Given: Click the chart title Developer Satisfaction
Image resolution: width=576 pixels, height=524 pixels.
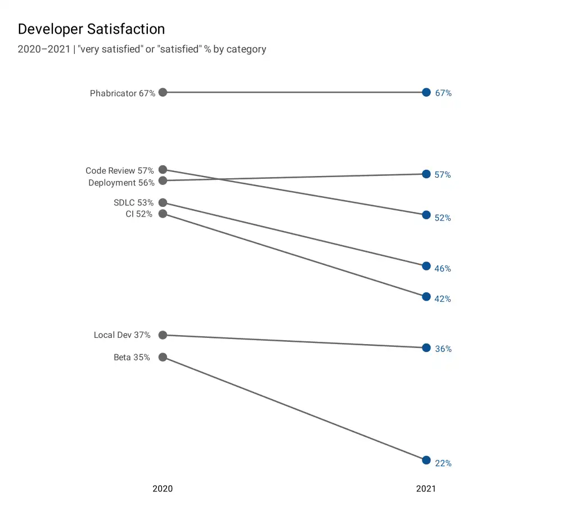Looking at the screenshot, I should pos(91,29).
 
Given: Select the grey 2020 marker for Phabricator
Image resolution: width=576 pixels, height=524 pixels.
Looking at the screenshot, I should pos(163,92).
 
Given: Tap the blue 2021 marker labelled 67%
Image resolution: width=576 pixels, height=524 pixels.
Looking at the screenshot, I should pos(426,92).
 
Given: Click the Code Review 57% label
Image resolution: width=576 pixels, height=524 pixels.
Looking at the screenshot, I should pos(119,170).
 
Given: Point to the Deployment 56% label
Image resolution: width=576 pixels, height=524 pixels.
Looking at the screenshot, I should pos(121,183).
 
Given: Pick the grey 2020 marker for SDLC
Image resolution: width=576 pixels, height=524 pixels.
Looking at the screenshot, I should pos(163,202).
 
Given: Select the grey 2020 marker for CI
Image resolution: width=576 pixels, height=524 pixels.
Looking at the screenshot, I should pos(163,214).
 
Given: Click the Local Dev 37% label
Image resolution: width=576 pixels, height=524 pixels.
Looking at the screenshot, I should pos(122,335).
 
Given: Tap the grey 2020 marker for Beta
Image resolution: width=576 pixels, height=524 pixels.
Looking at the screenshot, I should pos(163,357).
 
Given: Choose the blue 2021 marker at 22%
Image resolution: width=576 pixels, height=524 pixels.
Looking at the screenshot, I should pos(426,460).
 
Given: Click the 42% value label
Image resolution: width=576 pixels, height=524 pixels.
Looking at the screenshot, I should pos(443,299).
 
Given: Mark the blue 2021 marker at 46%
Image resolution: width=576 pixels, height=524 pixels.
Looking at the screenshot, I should pos(426,266).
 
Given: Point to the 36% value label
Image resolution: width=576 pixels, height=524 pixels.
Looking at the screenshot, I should pos(443,349).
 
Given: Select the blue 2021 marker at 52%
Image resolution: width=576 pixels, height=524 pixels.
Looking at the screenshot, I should pos(426,215).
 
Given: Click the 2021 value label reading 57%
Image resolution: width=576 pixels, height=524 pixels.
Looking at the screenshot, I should pos(443,175).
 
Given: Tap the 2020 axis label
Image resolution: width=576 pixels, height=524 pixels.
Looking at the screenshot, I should pos(163,489).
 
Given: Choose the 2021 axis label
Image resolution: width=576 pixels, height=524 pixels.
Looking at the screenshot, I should pos(426,489).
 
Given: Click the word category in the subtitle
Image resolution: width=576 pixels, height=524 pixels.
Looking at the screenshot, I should pos(246,49).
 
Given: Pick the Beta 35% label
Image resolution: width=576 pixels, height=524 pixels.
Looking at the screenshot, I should pos(132,358).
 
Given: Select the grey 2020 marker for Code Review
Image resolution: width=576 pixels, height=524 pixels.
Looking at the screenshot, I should pos(163,169).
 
